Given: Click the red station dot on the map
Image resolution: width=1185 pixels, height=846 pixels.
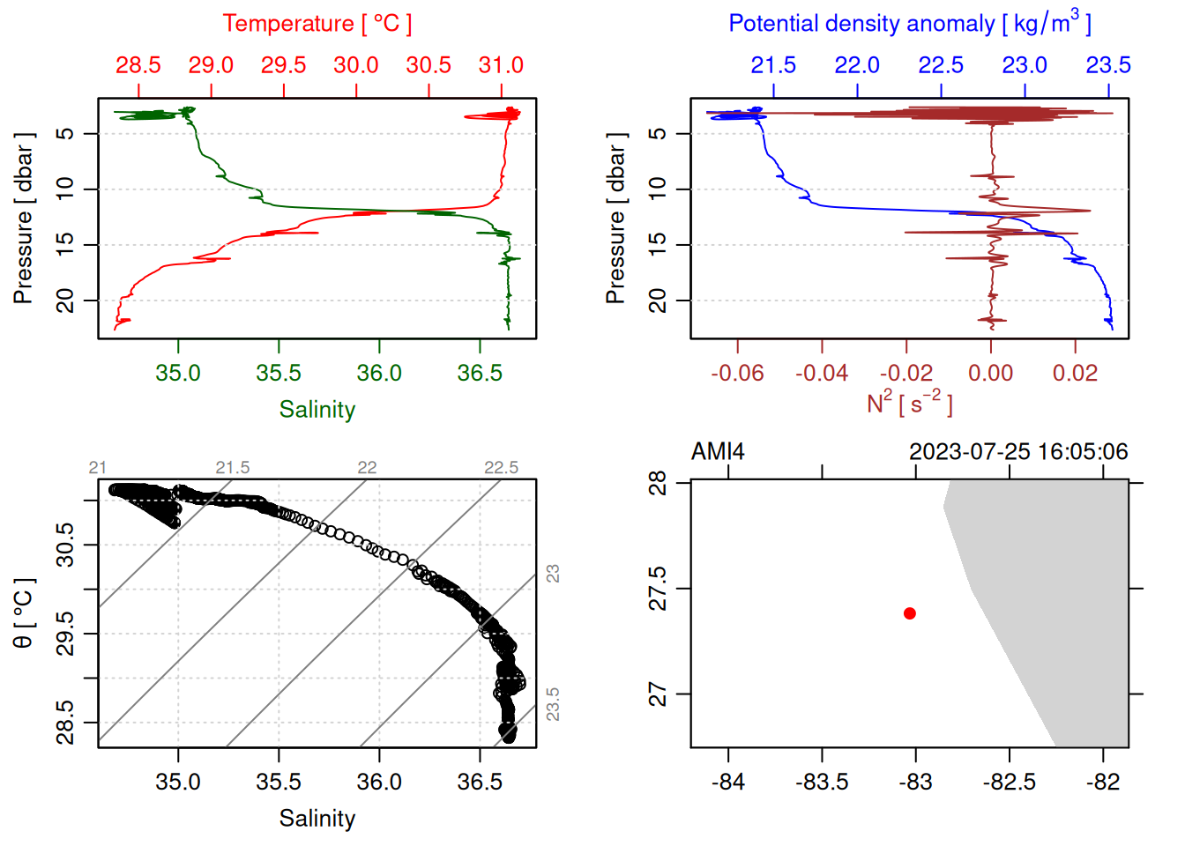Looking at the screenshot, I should (910, 613).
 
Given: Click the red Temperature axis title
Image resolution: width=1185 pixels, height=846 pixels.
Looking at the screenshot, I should (317, 24).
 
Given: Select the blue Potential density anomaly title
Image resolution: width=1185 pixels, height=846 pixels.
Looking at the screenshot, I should (909, 23).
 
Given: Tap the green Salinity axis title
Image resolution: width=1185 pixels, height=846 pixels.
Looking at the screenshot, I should (317, 410).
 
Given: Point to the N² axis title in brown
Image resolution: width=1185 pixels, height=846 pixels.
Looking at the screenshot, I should (909, 403).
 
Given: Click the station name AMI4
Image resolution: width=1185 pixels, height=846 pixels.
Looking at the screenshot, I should (718, 452).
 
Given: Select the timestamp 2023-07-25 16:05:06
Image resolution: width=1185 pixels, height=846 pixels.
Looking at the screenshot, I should (1018, 452).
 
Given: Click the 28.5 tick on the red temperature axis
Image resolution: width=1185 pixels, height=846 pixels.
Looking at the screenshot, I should (138, 65).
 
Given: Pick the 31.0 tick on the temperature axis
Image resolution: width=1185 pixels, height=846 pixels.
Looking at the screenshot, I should (501, 65).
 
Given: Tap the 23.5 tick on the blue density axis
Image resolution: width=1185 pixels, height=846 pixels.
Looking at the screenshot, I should (1108, 65).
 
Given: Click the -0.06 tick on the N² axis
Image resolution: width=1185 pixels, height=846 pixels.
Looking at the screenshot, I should (737, 373).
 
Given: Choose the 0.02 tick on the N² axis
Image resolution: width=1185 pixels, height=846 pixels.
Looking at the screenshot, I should (1075, 373).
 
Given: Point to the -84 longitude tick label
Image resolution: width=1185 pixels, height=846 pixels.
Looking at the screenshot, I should (728, 782).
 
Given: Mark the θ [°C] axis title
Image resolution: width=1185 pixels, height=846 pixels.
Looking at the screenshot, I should (24, 613).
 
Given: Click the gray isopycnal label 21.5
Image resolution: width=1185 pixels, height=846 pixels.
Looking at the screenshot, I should (233, 468).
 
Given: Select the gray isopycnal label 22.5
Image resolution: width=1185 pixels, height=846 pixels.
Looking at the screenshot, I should (501, 468).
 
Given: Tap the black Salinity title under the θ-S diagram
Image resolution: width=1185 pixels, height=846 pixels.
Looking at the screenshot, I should (317, 819).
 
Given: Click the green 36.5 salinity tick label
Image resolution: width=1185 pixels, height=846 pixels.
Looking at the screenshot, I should (480, 373).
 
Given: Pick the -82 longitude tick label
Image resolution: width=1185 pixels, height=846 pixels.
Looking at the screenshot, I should (1103, 782).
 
